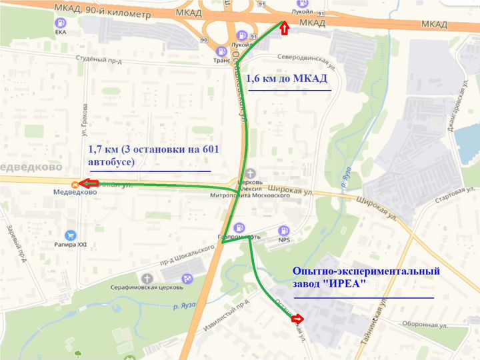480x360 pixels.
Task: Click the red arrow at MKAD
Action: [283, 28]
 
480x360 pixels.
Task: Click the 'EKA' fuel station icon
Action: [61, 23]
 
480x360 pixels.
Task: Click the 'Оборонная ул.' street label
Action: [423, 326]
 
